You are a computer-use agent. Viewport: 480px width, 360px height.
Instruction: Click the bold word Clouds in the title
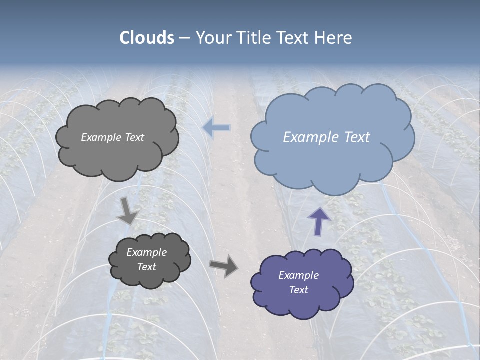coord(147,38)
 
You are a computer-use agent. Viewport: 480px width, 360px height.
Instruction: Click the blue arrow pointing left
coord(217,128)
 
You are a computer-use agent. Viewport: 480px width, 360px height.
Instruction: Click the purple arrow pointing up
coord(319,220)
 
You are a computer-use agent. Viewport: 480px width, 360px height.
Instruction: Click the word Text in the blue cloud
coord(357,137)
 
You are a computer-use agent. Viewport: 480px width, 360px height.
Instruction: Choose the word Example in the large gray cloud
coord(101,137)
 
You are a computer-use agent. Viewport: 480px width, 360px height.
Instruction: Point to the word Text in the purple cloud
coord(298,290)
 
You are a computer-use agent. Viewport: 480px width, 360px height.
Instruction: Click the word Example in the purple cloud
coord(298,275)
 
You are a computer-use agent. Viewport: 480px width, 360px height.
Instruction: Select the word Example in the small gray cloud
coord(146,252)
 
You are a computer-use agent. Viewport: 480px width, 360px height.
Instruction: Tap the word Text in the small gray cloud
coord(146,267)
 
